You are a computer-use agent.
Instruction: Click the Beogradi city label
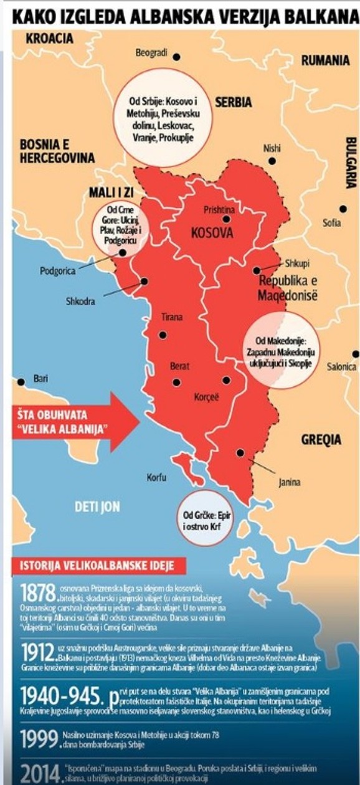tap(152, 54)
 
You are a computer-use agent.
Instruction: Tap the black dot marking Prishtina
tap(227, 219)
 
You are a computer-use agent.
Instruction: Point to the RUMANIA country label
tap(324, 60)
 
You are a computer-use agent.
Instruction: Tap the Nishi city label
tap(272, 148)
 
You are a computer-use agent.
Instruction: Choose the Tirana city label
tap(173, 317)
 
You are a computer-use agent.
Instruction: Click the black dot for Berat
tap(176, 382)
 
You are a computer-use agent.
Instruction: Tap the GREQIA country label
tap(321, 439)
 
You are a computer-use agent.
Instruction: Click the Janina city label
tap(289, 482)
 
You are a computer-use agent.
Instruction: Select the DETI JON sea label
tap(97, 507)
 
